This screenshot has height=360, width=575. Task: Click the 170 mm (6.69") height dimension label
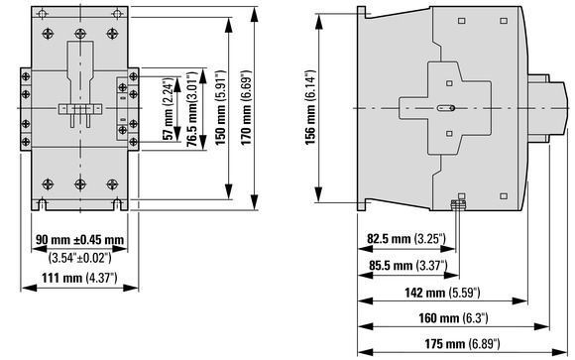(246, 107)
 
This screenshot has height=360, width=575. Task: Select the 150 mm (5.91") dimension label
(220, 107)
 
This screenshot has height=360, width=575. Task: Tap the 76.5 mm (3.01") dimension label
(192, 109)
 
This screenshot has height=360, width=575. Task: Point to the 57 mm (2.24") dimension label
(168, 109)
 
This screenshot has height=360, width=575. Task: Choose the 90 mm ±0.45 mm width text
(79, 240)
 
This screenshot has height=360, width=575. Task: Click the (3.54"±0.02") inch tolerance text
(79, 258)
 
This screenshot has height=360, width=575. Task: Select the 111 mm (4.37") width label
(79, 278)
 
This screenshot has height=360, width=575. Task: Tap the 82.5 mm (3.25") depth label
(406, 239)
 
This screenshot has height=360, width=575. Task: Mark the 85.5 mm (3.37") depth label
(408, 265)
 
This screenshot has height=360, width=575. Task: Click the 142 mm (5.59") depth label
(442, 293)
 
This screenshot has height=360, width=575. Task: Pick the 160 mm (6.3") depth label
(453, 317)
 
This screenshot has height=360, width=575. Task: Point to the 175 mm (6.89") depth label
(462, 344)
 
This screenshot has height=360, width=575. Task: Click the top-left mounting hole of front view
(43, 15)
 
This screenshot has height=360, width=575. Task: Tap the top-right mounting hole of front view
(117, 15)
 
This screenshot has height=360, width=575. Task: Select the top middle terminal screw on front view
(80, 34)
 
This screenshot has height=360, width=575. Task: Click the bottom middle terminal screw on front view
(80, 184)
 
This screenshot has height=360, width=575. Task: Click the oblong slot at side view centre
(446, 108)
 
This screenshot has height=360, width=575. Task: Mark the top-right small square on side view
(504, 21)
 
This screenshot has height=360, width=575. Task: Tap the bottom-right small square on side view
(504, 196)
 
